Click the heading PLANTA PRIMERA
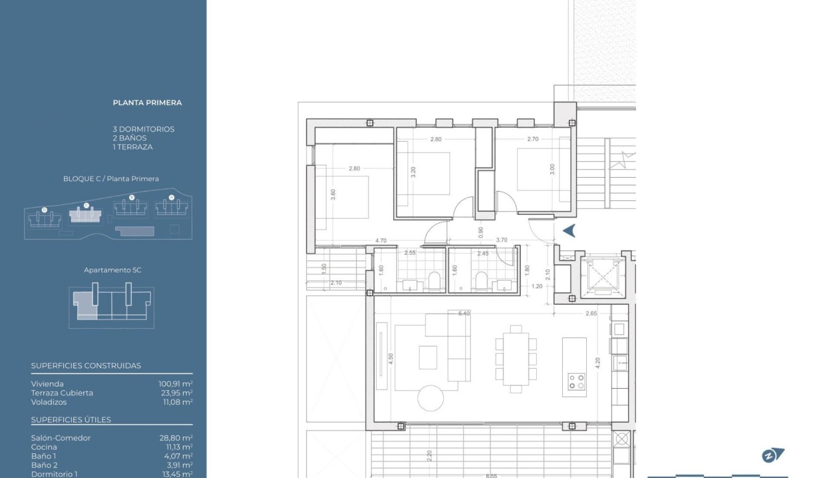pyautogui.click(x=147, y=102)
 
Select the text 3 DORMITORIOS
pyautogui.click(x=144, y=129)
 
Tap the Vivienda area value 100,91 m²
pyautogui.click(x=175, y=384)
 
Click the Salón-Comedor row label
pyautogui.click(x=61, y=438)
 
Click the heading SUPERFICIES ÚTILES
pyautogui.click(x=71, y=420)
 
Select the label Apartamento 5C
pyautogui.click(x=113, y=270)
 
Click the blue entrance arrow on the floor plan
pyautogui.click(x=568, y=231)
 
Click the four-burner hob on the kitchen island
pyautogui.click(x=576, y=381)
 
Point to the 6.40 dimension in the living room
pyautogui.click(x=464, y=314)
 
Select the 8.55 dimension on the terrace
pyautogui.click(x=492, y=475)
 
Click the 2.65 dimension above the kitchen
pyautogui.click(x=591, y=314)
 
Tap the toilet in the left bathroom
pyautogui.click(x=434, y=280)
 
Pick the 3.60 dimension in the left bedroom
pyautogui.click(x=333, y=195)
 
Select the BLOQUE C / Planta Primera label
pyautogui.click(x=111, y=179)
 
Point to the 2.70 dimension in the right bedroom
pyautogui.click(x=532, y=139)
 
